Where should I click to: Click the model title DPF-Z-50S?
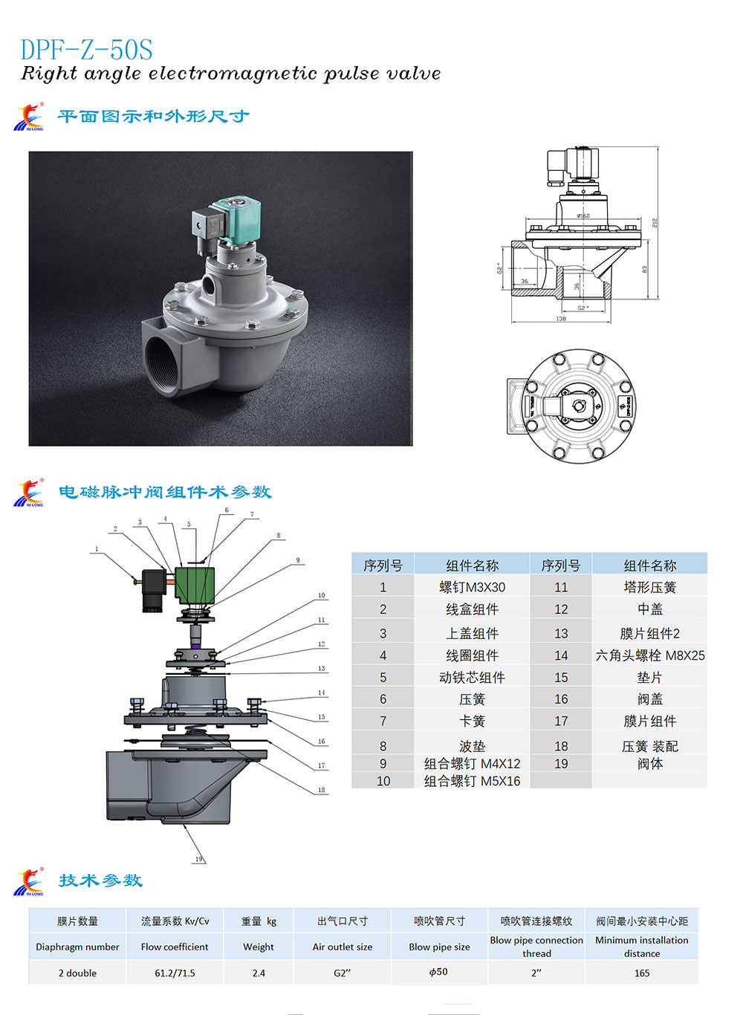click(x=86, y=50)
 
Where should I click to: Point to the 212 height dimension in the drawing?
click(x=655, y=222)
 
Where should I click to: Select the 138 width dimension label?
click(x=561, y=319)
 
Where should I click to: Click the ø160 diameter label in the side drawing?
click(x=583, y=215)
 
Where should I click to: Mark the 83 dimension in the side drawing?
click(x=645, y=269)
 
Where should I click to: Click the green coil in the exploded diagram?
click(x=195, y=586)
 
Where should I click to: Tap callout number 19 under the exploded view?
click(x=198, y=859)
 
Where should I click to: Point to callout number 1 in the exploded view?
click(x=97, y=549)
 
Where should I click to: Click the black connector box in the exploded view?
click(x=155, y=590)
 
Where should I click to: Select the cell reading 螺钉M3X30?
click(x=472, y=587)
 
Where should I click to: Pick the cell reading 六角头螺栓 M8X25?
click(x=649, y=655)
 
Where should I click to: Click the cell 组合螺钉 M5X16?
click(x=472, y=781)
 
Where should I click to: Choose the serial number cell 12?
click(x=561, y=609)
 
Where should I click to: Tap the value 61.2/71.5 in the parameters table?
click(x=175, y=973)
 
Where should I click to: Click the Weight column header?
click(x=259, y=947)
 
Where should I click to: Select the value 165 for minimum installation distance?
click(x=642, y=973)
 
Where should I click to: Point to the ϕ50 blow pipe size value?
click(x=439, y=972)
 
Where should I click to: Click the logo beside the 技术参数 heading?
click(x=29, y=881)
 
